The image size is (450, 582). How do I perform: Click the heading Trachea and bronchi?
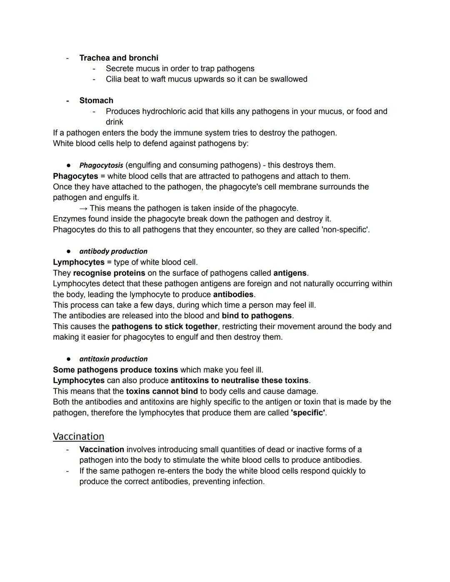click(119, 58)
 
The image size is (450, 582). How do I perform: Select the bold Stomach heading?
click(96, 100)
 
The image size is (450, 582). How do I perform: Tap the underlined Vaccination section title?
click(78, 436)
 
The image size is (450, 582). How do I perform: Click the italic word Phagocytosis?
click(101, 165)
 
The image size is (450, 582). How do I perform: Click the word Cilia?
click(113, 79)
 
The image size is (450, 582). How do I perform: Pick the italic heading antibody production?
click(113, 251)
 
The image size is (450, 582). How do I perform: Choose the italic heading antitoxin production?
click(113, 359)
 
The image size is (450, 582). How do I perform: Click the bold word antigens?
click(290, 273)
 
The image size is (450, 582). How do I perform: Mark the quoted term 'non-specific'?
click(345, 230)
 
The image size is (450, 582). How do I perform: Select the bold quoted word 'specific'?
click(308, 412)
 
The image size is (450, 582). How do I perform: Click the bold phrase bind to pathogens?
click(257, 316)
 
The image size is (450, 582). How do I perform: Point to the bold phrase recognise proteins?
click(109, 273)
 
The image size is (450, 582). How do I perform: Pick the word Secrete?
click(120, 68)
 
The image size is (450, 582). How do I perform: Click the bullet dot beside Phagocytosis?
click(69, 165)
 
